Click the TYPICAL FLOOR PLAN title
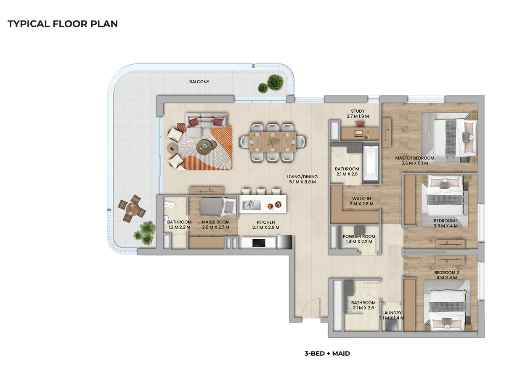point(63,24)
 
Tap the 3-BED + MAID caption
point(327,354)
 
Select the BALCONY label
point(199,82)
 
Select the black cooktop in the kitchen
point(258,243)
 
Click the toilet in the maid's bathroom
point(170,205)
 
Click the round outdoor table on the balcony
point(131,209)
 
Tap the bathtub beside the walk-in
point(371,164)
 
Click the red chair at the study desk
point(359,123)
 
